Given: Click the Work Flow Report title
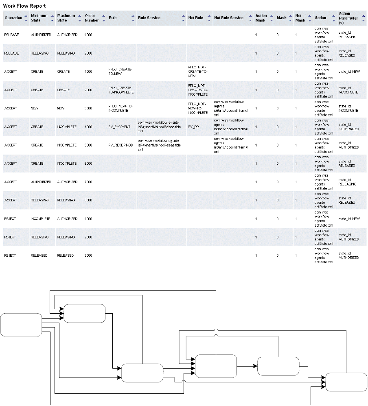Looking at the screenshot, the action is pos(24,7).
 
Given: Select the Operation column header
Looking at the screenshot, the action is pos(13,18).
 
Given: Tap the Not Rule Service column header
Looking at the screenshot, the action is pos(229,18).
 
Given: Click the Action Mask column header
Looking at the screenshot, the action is pos(261,18).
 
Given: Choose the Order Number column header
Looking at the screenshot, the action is pos(89,18).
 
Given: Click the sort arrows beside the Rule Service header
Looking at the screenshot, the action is pos(183,18).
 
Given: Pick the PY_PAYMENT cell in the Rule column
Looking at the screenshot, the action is pos(119,127).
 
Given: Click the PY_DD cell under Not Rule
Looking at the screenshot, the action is pos(193,127).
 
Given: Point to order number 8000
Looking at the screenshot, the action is pos(88,200).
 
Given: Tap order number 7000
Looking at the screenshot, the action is pos(88,182).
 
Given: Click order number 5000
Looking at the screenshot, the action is pos(88,145).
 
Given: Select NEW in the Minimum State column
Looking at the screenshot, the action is pos(34,109).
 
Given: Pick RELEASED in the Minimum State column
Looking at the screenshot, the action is pos(39,255).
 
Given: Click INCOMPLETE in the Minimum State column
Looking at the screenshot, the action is pos(40,219).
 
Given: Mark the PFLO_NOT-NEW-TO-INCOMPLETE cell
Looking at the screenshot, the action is pos(198,109).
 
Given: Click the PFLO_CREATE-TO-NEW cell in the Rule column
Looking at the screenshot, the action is pos(120,72).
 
